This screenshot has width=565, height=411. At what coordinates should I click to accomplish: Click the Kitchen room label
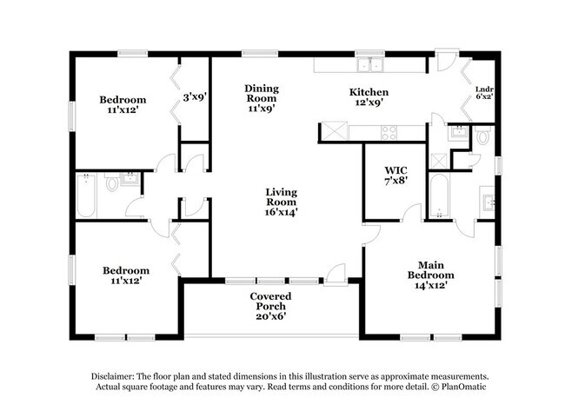tap(369, 92)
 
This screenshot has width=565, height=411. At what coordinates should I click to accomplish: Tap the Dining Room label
tap(262, 93)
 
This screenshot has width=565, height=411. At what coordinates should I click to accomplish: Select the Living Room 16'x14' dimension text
tap(281, 212)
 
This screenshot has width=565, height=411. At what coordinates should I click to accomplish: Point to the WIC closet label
tap(395, 170)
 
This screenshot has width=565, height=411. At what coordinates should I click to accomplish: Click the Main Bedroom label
tap(430, 270)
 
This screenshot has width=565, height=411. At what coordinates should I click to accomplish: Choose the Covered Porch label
tap(270, 302)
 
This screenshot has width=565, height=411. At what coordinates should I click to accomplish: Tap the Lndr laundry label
tap(484, 89)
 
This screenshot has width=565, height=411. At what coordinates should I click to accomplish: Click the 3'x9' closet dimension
tap(194, 97)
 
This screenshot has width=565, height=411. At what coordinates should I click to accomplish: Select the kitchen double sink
tap(370, 65)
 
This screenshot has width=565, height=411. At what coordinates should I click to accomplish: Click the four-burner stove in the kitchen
tap(389, 133)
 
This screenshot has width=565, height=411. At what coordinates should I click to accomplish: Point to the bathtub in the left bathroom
tap(86, 196)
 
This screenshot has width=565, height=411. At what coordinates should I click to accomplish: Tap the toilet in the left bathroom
tap(112, 183)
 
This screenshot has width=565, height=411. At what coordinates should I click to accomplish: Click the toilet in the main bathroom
tap(482, 135)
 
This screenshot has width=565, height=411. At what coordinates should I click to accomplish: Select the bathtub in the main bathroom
tap(439, 196)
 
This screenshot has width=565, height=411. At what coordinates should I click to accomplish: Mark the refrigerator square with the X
tap(335, 131)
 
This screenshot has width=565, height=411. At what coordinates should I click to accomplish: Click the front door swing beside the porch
tap(336, 275)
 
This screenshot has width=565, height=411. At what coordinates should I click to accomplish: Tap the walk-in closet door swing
tap(412, 212)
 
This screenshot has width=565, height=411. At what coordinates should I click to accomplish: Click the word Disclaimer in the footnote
tap(113, 376)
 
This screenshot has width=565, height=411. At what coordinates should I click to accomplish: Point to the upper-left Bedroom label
tap(123, 100)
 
